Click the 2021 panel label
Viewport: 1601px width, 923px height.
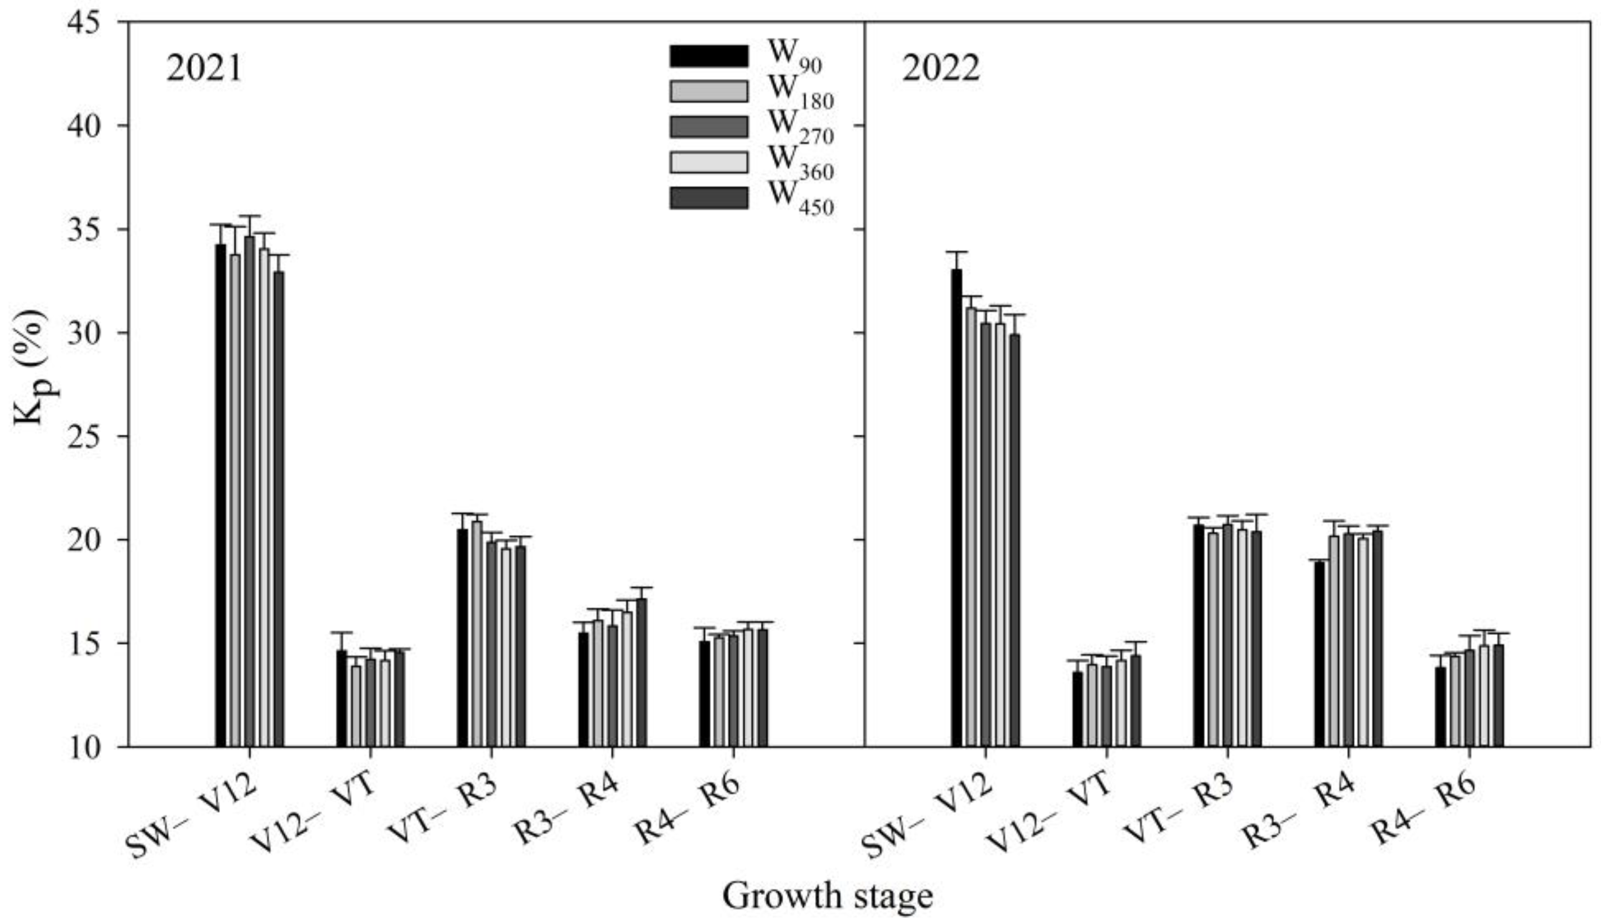click(204, 69)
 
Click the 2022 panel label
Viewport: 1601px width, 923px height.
click(941, 69)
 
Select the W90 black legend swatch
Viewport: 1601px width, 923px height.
click(709, 56)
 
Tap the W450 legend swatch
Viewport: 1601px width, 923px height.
click(709, 198)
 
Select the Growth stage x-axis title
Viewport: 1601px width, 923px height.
click(827, 896)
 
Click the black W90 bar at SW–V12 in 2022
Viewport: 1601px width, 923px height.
click(956, 507)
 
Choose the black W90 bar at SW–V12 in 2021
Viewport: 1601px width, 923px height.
click(220, 494)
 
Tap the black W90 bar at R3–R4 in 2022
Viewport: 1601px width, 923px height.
click(1320, 653)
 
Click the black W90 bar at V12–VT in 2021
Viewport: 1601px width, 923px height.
click(341, 697)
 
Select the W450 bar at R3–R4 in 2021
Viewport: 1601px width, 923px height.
click(641, 672)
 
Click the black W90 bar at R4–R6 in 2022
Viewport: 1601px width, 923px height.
click(1440, 707)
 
